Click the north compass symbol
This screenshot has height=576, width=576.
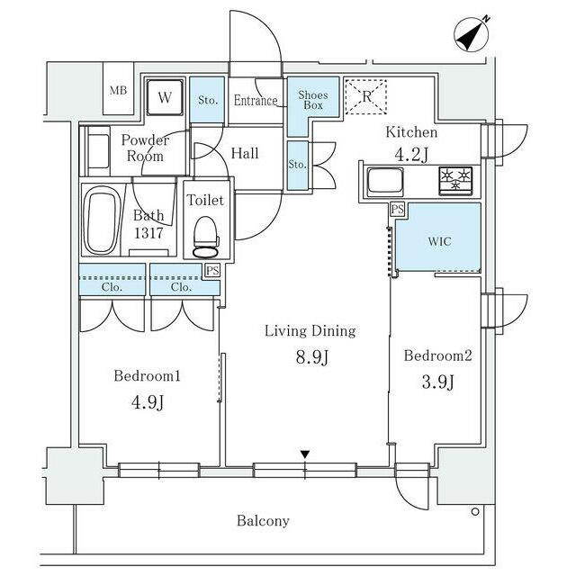472,35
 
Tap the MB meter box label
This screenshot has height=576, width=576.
118,90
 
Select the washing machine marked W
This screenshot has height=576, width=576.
165,97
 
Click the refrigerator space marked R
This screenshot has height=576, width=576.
366,97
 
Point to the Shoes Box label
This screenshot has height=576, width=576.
313,100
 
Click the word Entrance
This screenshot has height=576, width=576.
256,100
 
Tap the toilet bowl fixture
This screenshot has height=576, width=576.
206,237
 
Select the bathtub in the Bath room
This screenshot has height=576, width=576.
102,220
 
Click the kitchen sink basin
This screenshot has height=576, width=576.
385,181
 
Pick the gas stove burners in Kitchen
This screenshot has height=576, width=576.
456,181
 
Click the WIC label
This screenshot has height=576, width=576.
439,242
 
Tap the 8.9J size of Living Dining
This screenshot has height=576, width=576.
311,357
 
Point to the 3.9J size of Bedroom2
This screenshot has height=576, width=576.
437,382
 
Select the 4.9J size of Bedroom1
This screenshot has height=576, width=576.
148,402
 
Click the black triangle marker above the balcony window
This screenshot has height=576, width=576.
305,454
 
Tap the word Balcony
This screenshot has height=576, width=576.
263,521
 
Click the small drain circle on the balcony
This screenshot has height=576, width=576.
475,511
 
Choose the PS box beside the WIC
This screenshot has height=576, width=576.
398,210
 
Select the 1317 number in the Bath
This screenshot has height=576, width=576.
148,233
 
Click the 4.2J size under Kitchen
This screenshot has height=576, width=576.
411,155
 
